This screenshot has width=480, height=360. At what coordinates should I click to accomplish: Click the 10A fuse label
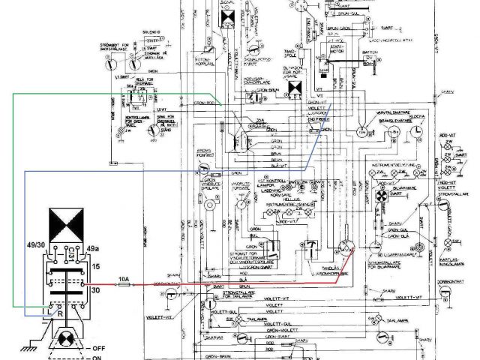[124, 280]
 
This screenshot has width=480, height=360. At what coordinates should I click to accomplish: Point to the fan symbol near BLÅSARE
[379, 194]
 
